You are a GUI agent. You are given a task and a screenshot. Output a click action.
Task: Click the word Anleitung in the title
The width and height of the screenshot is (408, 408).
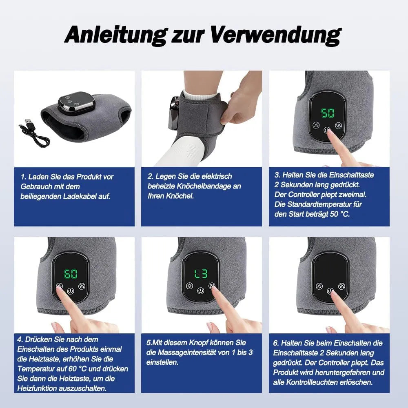[115, 35]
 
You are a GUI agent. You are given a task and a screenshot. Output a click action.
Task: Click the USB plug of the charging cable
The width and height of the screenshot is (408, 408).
[29, 122]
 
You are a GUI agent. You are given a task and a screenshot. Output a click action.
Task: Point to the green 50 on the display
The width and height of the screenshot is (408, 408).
[328, 113]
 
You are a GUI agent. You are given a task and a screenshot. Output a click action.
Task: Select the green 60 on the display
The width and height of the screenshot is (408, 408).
[71, 274]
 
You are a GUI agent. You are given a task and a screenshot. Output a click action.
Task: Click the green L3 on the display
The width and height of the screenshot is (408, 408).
[201, 274]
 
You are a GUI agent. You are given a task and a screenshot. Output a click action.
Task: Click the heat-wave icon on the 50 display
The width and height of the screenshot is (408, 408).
[339, 126]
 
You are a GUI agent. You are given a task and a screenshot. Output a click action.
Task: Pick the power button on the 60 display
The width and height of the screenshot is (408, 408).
[71, 291]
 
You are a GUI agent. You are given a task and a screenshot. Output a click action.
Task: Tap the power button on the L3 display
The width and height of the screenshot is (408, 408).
[200, 290]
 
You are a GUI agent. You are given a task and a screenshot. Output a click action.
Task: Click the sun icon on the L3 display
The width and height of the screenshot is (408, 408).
[190, 286]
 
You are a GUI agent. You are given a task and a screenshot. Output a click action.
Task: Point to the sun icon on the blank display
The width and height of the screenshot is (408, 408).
[319, 286]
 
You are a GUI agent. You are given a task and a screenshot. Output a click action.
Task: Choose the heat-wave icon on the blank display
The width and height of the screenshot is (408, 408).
[341, 287]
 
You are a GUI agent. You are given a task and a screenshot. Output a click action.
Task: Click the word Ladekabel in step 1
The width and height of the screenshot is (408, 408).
[80, 196]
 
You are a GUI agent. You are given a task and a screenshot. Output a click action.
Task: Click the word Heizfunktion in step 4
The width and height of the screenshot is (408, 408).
[37, 388]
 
